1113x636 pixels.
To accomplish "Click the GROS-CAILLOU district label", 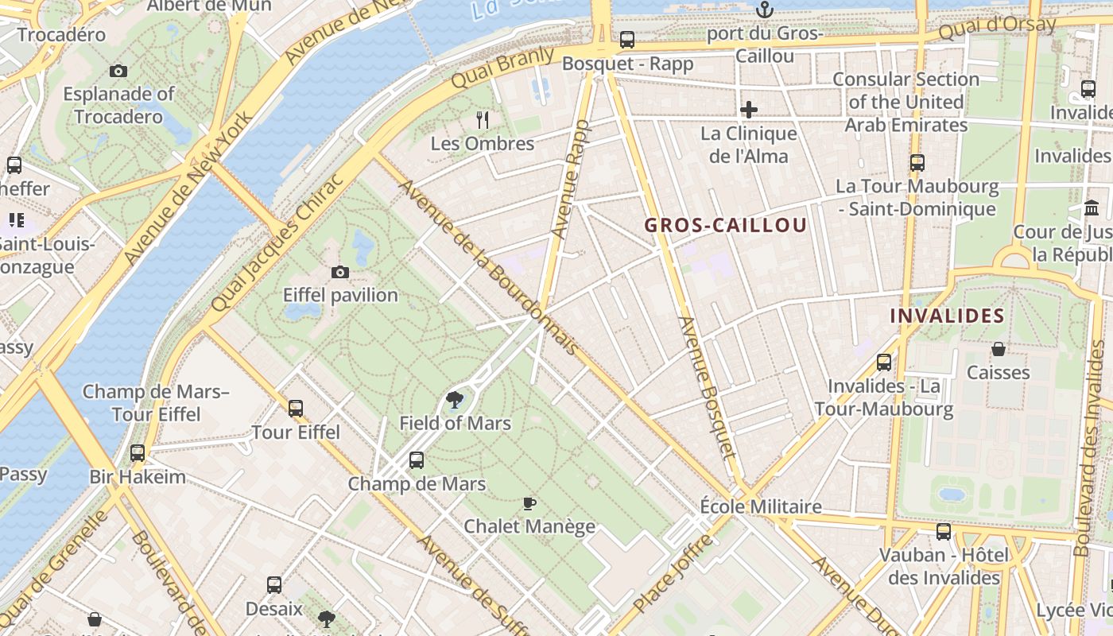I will tap(725, 225).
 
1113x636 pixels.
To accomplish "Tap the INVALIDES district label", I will tap(947, 316).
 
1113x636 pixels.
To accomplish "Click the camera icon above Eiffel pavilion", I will tap(340, 273).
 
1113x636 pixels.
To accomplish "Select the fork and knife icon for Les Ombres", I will tap(483, 120).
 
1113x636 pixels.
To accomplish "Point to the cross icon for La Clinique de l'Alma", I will tap(749, 110).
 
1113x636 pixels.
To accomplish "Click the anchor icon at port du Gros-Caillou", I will tap(764, 10).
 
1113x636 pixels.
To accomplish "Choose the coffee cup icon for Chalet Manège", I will tap(529, 503).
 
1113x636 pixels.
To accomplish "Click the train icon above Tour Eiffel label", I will tap(296, 409).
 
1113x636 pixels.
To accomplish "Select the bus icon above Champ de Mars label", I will tap(417, 460).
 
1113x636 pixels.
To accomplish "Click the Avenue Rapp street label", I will tap(571, 180).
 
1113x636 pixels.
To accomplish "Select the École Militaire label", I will tap(761, 506).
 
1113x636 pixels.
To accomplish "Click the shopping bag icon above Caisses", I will tap(999, 349).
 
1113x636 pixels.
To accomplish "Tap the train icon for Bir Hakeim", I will tap(138, 453).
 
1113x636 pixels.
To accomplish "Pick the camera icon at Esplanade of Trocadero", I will tap(118, 72).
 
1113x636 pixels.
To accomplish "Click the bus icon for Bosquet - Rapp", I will tap(627, 40).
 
